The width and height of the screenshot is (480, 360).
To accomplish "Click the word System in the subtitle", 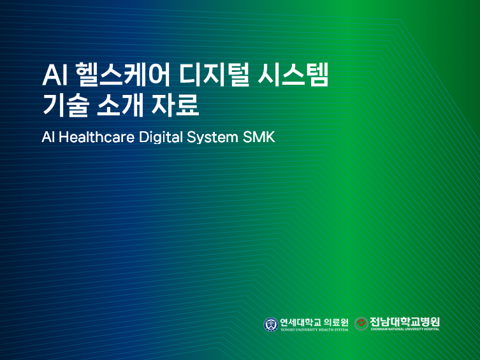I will [x=214, y=138].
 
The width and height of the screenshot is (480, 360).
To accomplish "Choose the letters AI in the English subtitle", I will [x=48, y=138].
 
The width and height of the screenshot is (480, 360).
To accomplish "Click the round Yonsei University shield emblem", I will [x=271, y=324].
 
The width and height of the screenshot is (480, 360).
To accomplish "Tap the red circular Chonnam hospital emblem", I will [x=361, y=324].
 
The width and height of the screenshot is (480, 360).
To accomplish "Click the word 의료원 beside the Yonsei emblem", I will [x=337, y=322].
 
